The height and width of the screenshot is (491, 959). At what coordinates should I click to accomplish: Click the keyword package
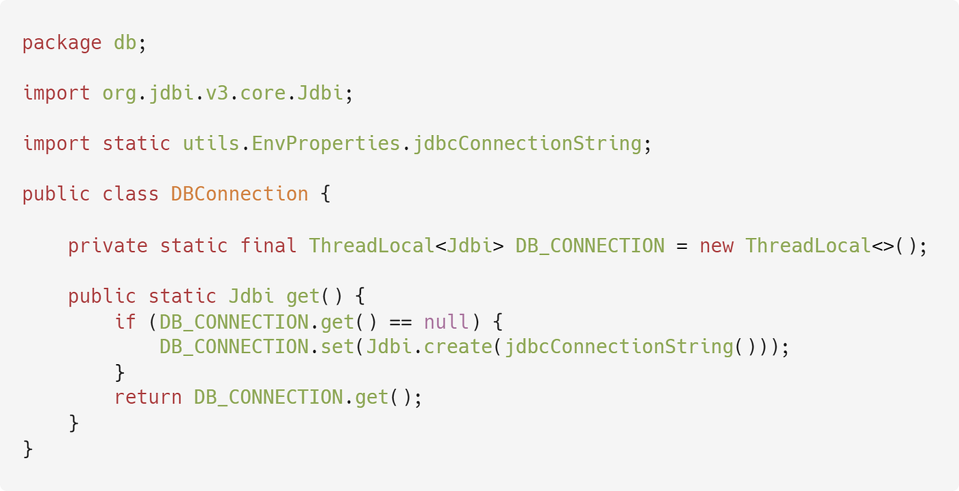pos(62,43)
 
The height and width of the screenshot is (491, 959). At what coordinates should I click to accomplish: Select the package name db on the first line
pos(125,43)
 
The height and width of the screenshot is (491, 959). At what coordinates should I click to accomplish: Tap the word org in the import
pos(119,93)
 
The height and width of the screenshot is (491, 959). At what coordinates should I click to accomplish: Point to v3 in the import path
pos(216,93)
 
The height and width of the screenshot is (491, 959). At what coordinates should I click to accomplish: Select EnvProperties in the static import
pos(325,144)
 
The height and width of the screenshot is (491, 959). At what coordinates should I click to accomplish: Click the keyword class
pos(130,195)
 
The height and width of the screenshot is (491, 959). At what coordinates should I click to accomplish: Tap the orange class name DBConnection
pos(239,195)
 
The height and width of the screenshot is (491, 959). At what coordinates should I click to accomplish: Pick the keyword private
pos(108,245)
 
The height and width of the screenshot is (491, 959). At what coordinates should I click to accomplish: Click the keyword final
pos(268,245)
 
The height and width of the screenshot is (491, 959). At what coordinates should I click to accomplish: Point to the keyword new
pos(716,245)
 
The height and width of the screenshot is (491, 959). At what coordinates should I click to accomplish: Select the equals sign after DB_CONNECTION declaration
pos(682,245)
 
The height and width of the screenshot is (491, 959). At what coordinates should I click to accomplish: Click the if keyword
pos(125,322)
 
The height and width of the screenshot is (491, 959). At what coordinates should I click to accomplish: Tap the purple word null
pos(446,322)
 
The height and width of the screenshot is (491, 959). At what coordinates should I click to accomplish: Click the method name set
pos(337,347)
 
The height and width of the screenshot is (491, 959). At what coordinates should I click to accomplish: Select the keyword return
pos(147,398)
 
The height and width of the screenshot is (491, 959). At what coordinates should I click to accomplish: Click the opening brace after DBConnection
pos(325,195)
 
